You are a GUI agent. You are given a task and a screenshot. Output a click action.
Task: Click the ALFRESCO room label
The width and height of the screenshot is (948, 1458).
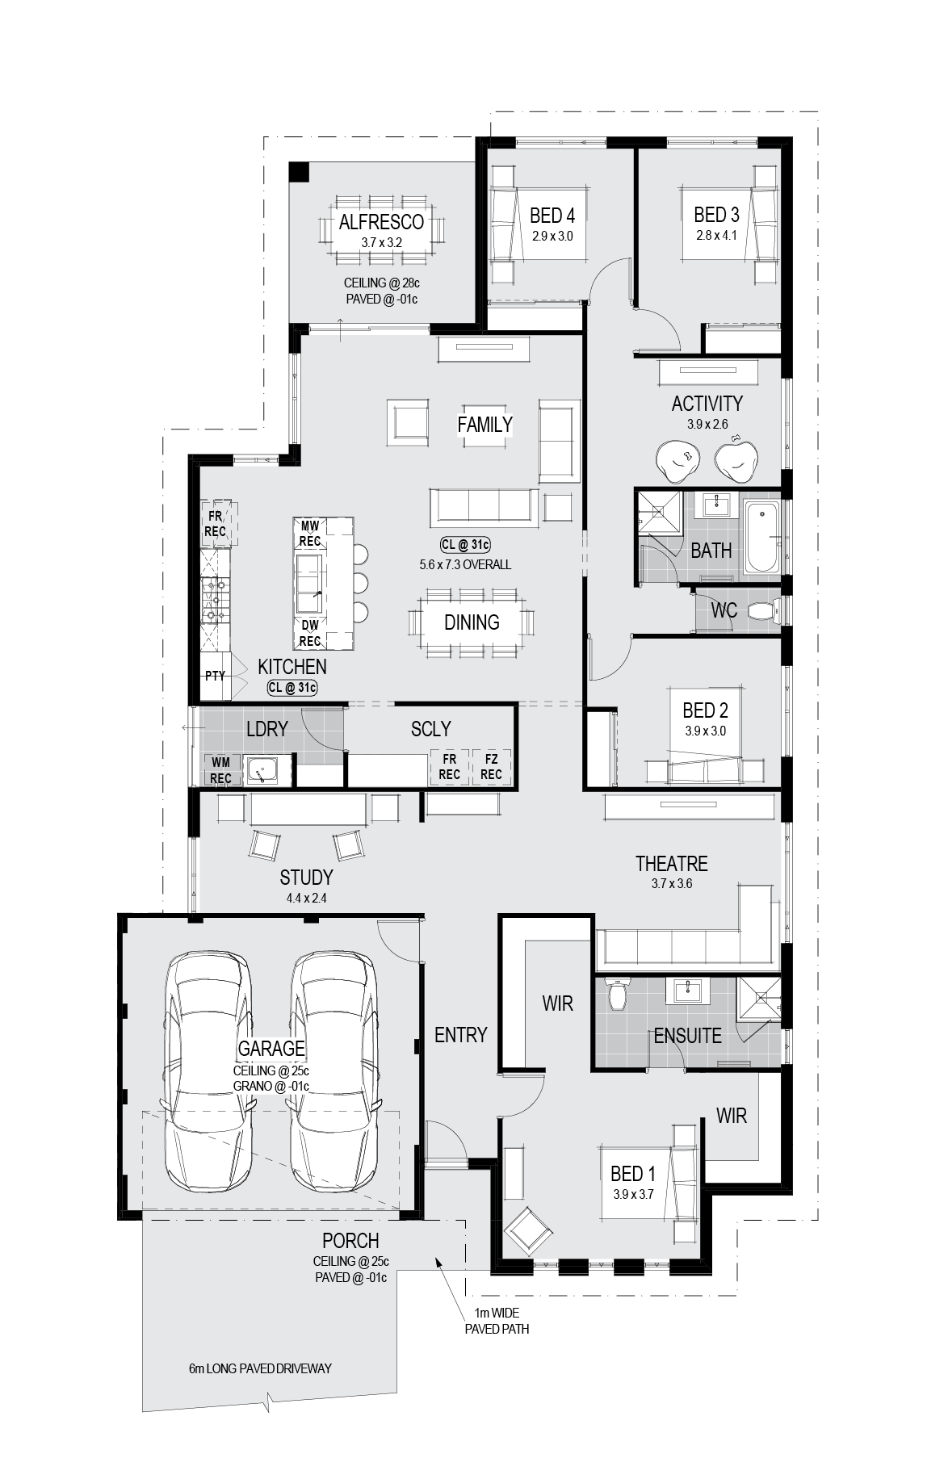pyautogui.click(x=381, y=222)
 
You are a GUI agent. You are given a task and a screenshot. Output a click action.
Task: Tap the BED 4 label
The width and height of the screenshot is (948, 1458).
pyautogui.click(x=552, y=216)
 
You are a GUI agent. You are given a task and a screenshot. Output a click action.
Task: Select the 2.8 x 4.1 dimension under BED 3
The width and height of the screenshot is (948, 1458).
pyautogui.click(x=717, y=236)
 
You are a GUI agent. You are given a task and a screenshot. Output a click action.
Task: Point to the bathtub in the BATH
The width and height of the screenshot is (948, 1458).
pyautogui.click(x=761, y=536)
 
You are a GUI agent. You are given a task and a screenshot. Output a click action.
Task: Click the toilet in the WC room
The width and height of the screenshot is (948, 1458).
pyautogui.click(x=764, y=611)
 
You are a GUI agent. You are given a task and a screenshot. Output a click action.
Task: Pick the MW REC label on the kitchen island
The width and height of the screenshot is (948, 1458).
pyautogui.click(x=311, y=534)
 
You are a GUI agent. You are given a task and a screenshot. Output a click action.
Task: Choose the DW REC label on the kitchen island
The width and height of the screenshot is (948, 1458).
pyautogui.click(x=311, y=633)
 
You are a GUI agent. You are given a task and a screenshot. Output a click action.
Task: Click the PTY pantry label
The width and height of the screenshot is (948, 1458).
pyautogui.click(x=215, y=676)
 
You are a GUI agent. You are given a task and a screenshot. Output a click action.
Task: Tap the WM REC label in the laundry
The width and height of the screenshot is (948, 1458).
pyautogui.click(x=221, y=770)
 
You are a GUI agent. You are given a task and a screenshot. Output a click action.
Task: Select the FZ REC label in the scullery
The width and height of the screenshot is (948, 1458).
pyautogui.click(x=491, y=767)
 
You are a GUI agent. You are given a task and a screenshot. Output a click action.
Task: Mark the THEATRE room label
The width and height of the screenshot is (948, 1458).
pyautogui.click(x=672, y=864)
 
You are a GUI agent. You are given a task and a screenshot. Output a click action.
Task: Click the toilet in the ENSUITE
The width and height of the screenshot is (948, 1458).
pyautogui.click(x=618, y=994)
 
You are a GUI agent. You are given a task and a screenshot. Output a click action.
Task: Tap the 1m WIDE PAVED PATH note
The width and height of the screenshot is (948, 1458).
pyautogui.click(x=497, y=1322)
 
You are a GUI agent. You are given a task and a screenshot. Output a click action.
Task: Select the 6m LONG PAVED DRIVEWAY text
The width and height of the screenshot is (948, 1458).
pyautogui.click(x=260, y=1368)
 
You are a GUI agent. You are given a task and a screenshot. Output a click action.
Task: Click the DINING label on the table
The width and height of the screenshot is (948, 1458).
pyautogui.click(x=472, y=622)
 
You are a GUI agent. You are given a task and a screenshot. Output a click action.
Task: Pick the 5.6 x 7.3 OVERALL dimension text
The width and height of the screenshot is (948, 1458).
pyautogui.click(x=465, y=564)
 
